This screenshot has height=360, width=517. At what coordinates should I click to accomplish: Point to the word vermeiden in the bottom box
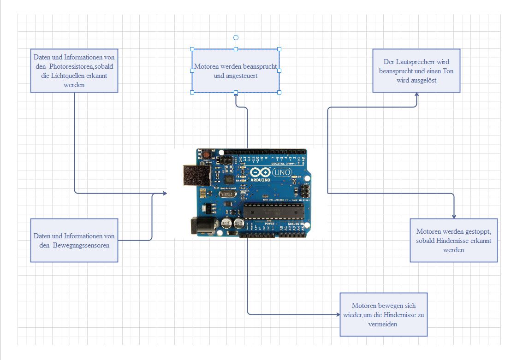384,324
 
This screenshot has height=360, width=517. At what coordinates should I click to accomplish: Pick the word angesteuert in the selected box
236,76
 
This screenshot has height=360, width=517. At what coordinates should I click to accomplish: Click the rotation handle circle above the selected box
236,37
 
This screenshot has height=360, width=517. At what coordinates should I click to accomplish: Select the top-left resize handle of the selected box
192,49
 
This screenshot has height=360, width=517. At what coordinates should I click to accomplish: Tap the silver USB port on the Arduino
196,177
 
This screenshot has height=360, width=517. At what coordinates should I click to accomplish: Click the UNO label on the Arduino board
282,172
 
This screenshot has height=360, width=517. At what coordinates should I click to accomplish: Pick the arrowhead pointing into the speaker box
416,94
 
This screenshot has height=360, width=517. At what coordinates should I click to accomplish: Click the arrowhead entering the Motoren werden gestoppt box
454,216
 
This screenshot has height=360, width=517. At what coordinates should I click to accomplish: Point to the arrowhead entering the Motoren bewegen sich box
338,314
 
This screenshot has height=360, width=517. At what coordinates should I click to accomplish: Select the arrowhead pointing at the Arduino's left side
165,193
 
